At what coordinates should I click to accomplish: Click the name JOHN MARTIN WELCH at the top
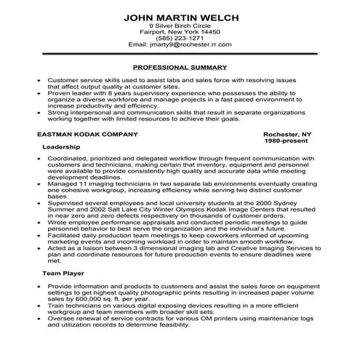(180, 16)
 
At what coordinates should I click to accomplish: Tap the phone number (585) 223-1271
(180, 37)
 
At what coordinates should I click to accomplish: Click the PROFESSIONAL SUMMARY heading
(180, 66)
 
